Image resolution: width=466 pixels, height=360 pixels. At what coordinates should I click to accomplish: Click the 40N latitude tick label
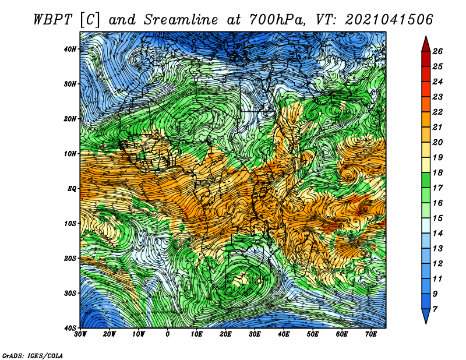click(x=70, y=49)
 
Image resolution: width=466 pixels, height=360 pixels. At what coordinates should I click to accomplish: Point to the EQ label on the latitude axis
click(x=72, y=189)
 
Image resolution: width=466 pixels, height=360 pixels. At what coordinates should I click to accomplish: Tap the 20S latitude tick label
click(x=70, y=258)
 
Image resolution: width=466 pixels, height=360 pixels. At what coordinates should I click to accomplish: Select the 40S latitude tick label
click(x=70, y=328)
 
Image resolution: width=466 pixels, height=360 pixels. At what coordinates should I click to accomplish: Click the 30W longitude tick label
click(x=80, y=334)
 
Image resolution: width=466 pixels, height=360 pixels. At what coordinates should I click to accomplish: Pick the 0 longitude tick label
click(x=168, y=334)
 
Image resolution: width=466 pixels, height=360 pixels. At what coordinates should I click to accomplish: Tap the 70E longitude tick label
click(x=371, y=334)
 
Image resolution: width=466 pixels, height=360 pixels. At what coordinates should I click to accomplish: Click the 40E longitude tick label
click(x=284, y=334)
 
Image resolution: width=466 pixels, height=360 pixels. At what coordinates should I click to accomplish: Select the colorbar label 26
click(x=437, y=51)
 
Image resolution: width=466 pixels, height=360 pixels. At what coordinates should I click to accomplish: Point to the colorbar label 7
click(x=435, y=309)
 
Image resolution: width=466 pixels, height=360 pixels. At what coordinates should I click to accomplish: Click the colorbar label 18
click(x=437, y=172)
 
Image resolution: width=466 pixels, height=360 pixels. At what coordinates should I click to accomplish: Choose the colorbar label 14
click(x=437, y=234)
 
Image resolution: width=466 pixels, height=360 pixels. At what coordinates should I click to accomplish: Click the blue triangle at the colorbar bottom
click(x=426, y=316)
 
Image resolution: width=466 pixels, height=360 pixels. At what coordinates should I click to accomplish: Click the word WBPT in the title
click(x=53, y=20)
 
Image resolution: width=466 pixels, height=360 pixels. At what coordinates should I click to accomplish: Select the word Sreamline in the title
click(x=181, y=20)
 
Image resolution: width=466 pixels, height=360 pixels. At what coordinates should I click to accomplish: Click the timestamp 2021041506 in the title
click(x=389, y=20)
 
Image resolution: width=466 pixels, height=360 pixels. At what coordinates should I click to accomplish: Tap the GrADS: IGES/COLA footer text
click(x=33, y=356)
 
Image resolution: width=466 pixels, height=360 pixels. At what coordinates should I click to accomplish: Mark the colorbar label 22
click(x=437, y=112)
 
